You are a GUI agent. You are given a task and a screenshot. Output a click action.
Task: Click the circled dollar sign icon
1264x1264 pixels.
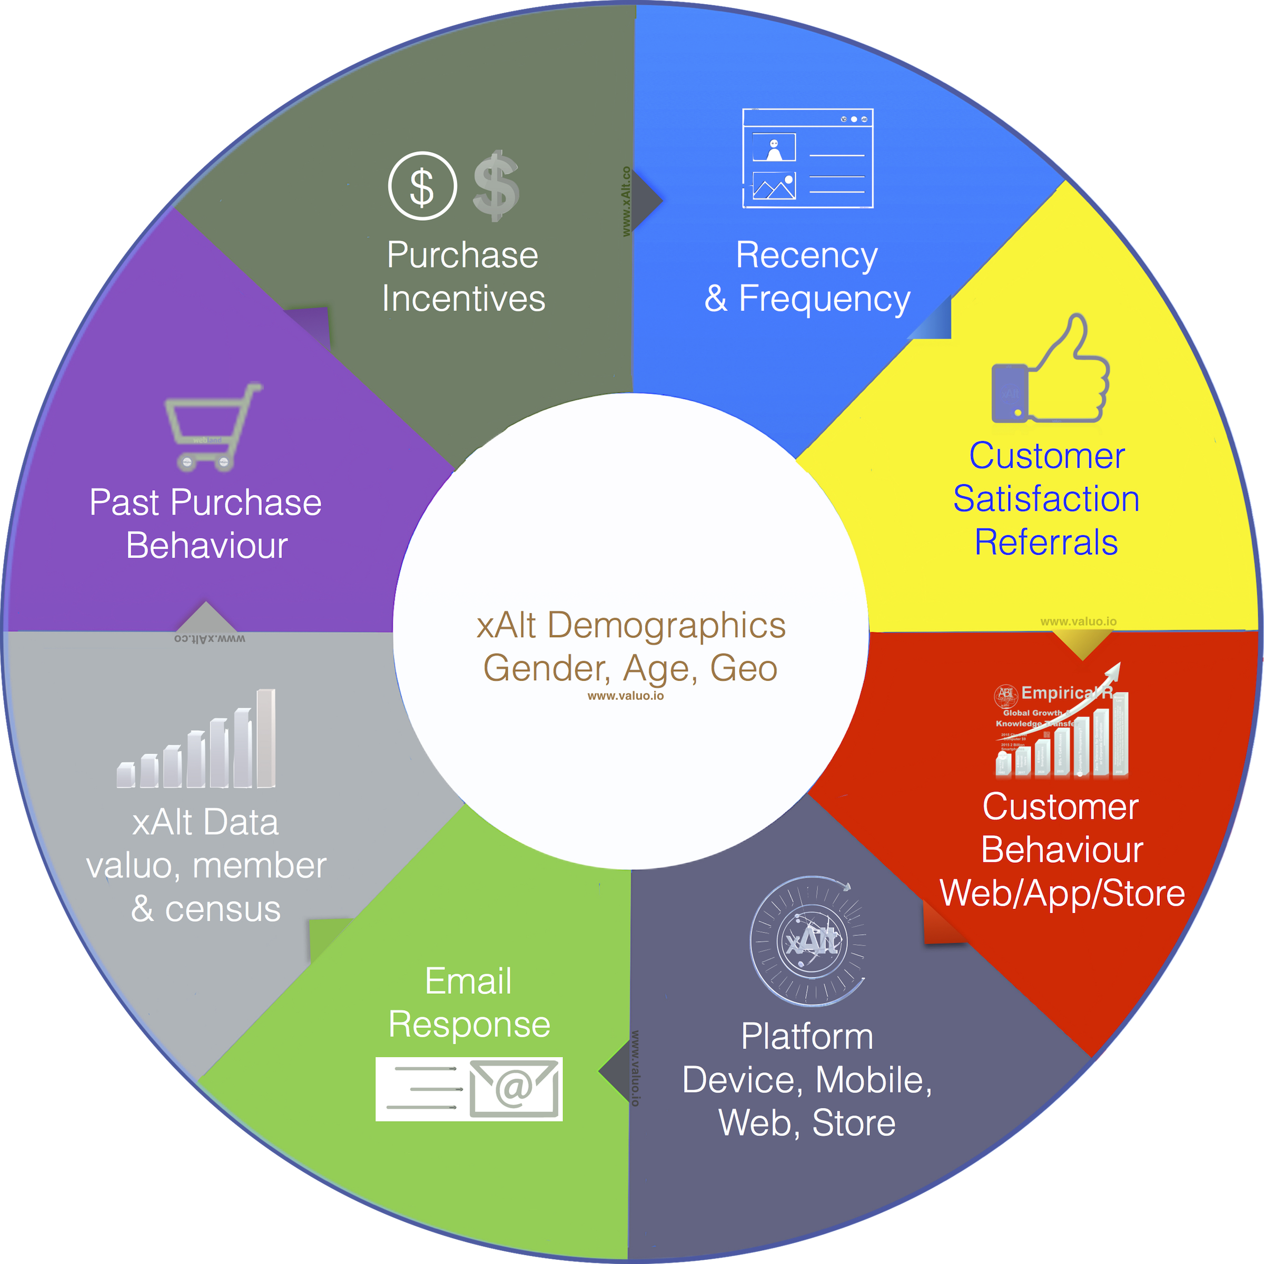tap(422, 186)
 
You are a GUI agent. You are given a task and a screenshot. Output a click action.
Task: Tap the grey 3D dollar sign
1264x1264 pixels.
tap(496, 186)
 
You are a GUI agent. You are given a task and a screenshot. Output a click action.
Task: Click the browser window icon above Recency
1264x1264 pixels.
tap(807, 159)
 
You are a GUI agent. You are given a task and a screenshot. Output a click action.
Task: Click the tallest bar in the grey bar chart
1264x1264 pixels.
tap(265, 738)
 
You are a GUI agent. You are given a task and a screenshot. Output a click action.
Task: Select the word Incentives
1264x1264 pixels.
tap(463, 299)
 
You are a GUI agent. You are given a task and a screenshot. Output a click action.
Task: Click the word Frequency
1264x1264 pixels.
tap(824, 299)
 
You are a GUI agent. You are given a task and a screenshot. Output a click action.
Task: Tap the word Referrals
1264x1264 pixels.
tap(1045, 543)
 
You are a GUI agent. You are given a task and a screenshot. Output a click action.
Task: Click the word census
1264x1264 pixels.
tap(222, 909)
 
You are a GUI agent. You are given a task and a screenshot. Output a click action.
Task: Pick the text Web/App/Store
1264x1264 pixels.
tap(1062, 894)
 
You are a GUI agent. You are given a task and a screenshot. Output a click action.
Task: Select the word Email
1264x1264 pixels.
tap(468, 981)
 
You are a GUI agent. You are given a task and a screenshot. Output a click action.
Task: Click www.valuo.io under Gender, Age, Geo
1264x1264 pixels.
tap(626, 696)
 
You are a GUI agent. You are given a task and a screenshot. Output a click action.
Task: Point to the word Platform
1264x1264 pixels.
tap(807, 1037)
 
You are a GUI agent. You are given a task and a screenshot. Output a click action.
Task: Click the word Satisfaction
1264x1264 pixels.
tap(1045, 499)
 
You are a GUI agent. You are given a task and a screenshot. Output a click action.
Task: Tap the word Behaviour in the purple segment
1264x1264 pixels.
tap(207, 546)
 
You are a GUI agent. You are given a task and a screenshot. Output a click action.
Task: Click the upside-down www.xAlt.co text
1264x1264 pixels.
tap(210, 638)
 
